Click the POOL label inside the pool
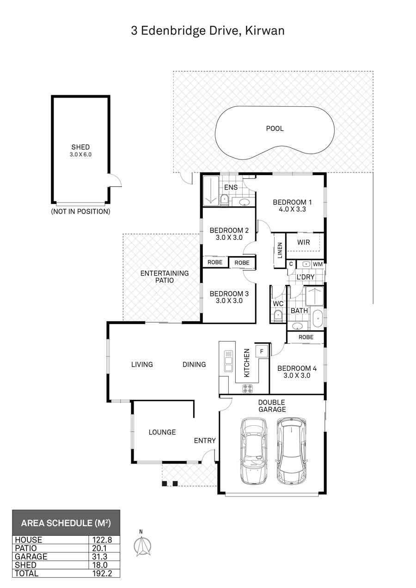coord(275,129)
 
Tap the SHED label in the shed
coord(80,147)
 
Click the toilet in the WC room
coord(277,316)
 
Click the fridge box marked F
coord(262,351)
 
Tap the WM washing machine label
coord(318,264)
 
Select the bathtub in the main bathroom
coord(318,318)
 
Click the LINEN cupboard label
coord(280,250)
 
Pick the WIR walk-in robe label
coord(303,242)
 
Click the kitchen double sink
coord(228,361)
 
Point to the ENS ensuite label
coord(231,187)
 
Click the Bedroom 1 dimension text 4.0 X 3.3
coord(293,209)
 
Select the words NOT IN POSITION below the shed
coord(80,211)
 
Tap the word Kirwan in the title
coord(265,31)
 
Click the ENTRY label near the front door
coord(205,441)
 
